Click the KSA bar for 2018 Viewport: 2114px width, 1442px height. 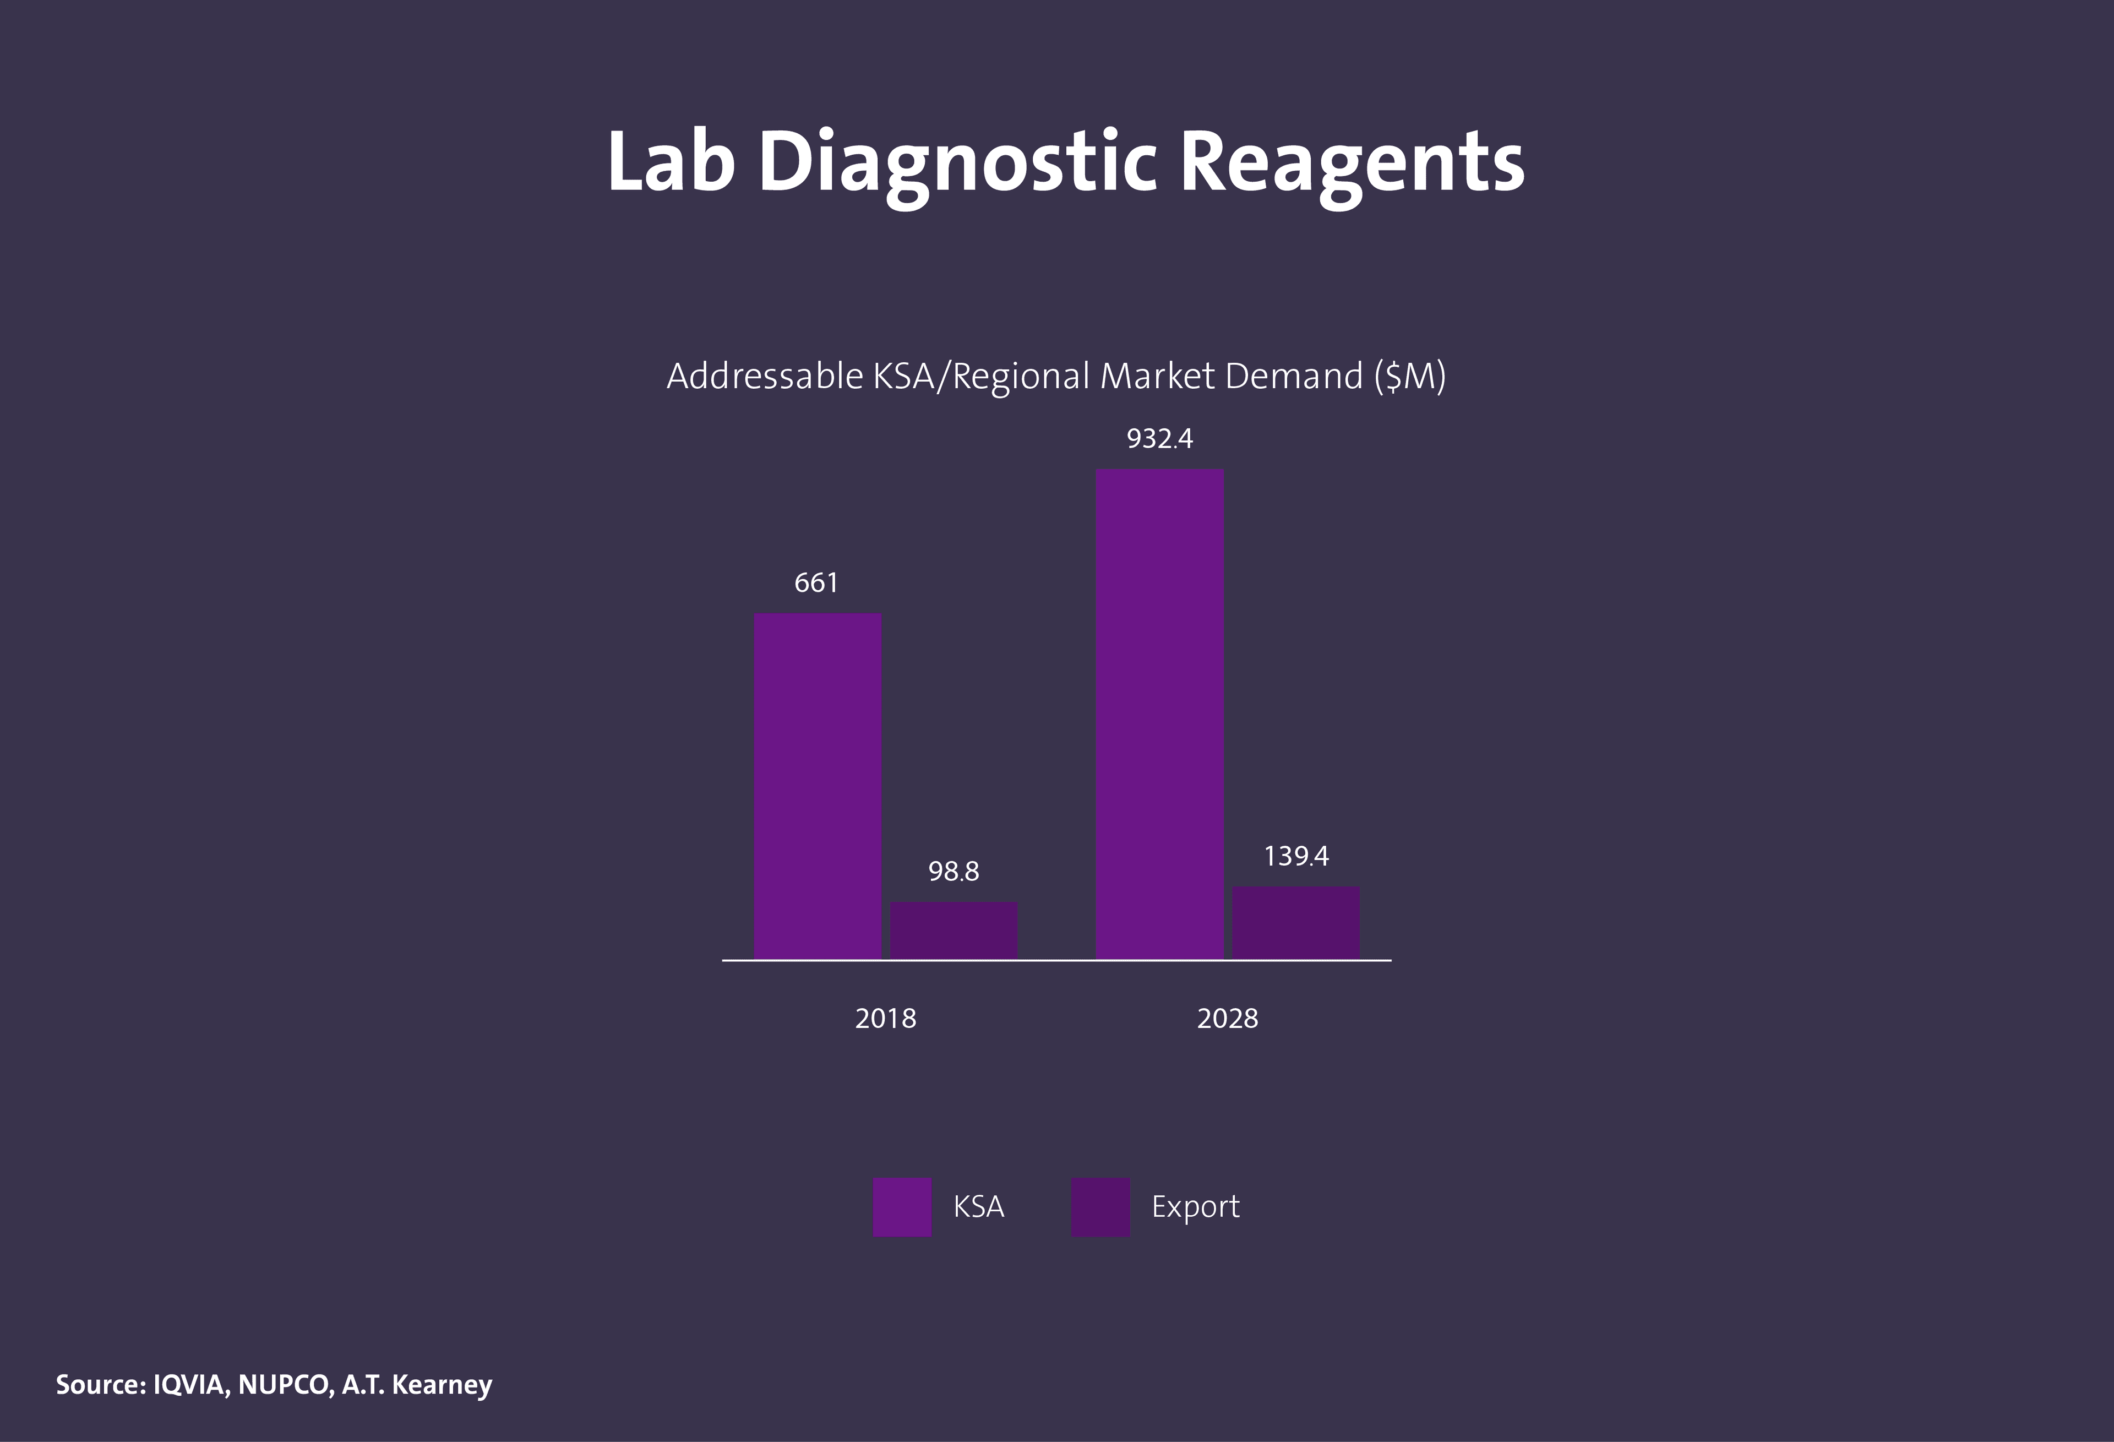[x=817, y=786]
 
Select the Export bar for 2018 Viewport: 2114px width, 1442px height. [x=954, y=930]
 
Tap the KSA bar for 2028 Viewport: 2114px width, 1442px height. [x=1160, y=714]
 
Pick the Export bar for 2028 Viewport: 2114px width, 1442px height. [x=1295, y=922]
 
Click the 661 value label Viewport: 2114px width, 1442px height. [x=816, y=583]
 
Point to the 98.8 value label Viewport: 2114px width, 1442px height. [x=954, y=872]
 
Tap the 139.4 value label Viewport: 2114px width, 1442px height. [x=1296, y=856]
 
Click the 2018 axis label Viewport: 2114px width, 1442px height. [x=885, y=1018]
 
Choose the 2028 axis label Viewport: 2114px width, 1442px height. [x=1227, y=1018]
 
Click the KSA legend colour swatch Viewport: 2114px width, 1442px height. [x=901, y=1206]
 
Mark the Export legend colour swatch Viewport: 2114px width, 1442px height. [x=1100, y=1206]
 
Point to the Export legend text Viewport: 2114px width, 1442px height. [x=1195, y=1206]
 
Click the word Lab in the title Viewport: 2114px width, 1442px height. [x=671, y=162]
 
